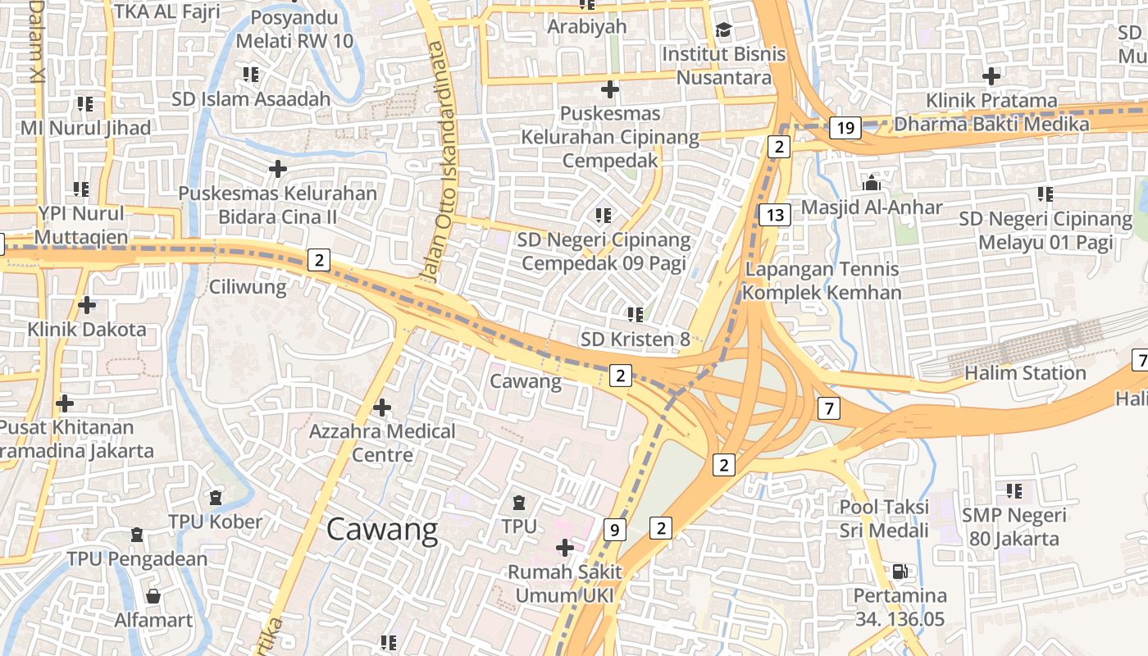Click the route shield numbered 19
pos(845,127)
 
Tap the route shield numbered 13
pos(774,216)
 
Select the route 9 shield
pos(613,530)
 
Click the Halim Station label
pos(1025,373)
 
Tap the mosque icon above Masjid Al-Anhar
pos(871,182)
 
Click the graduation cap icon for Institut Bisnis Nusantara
pos(723,30)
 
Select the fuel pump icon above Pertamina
pos(900,571)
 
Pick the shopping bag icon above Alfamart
pos(153,595)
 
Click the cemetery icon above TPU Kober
pos(215,497)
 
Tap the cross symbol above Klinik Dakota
pos(87,305)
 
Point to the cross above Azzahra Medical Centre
pos(381,407)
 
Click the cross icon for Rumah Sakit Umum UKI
pos(564,547)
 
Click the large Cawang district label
pos(382,530)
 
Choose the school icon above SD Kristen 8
pos(635,314)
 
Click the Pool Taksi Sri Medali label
pos(884,518)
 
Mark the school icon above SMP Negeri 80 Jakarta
pos(1014,490)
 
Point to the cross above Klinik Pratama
pos(991,76)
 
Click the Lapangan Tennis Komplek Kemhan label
pos(822,280)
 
